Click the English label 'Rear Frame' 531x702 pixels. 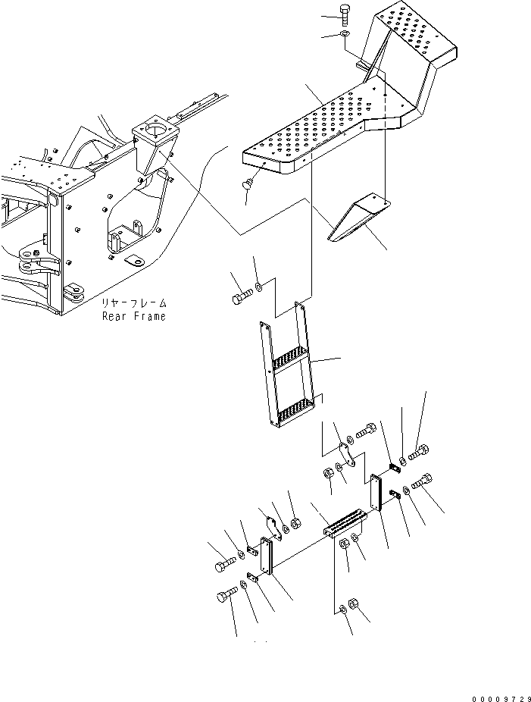[133, 316]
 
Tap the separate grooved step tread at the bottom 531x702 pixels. [345, 524]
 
